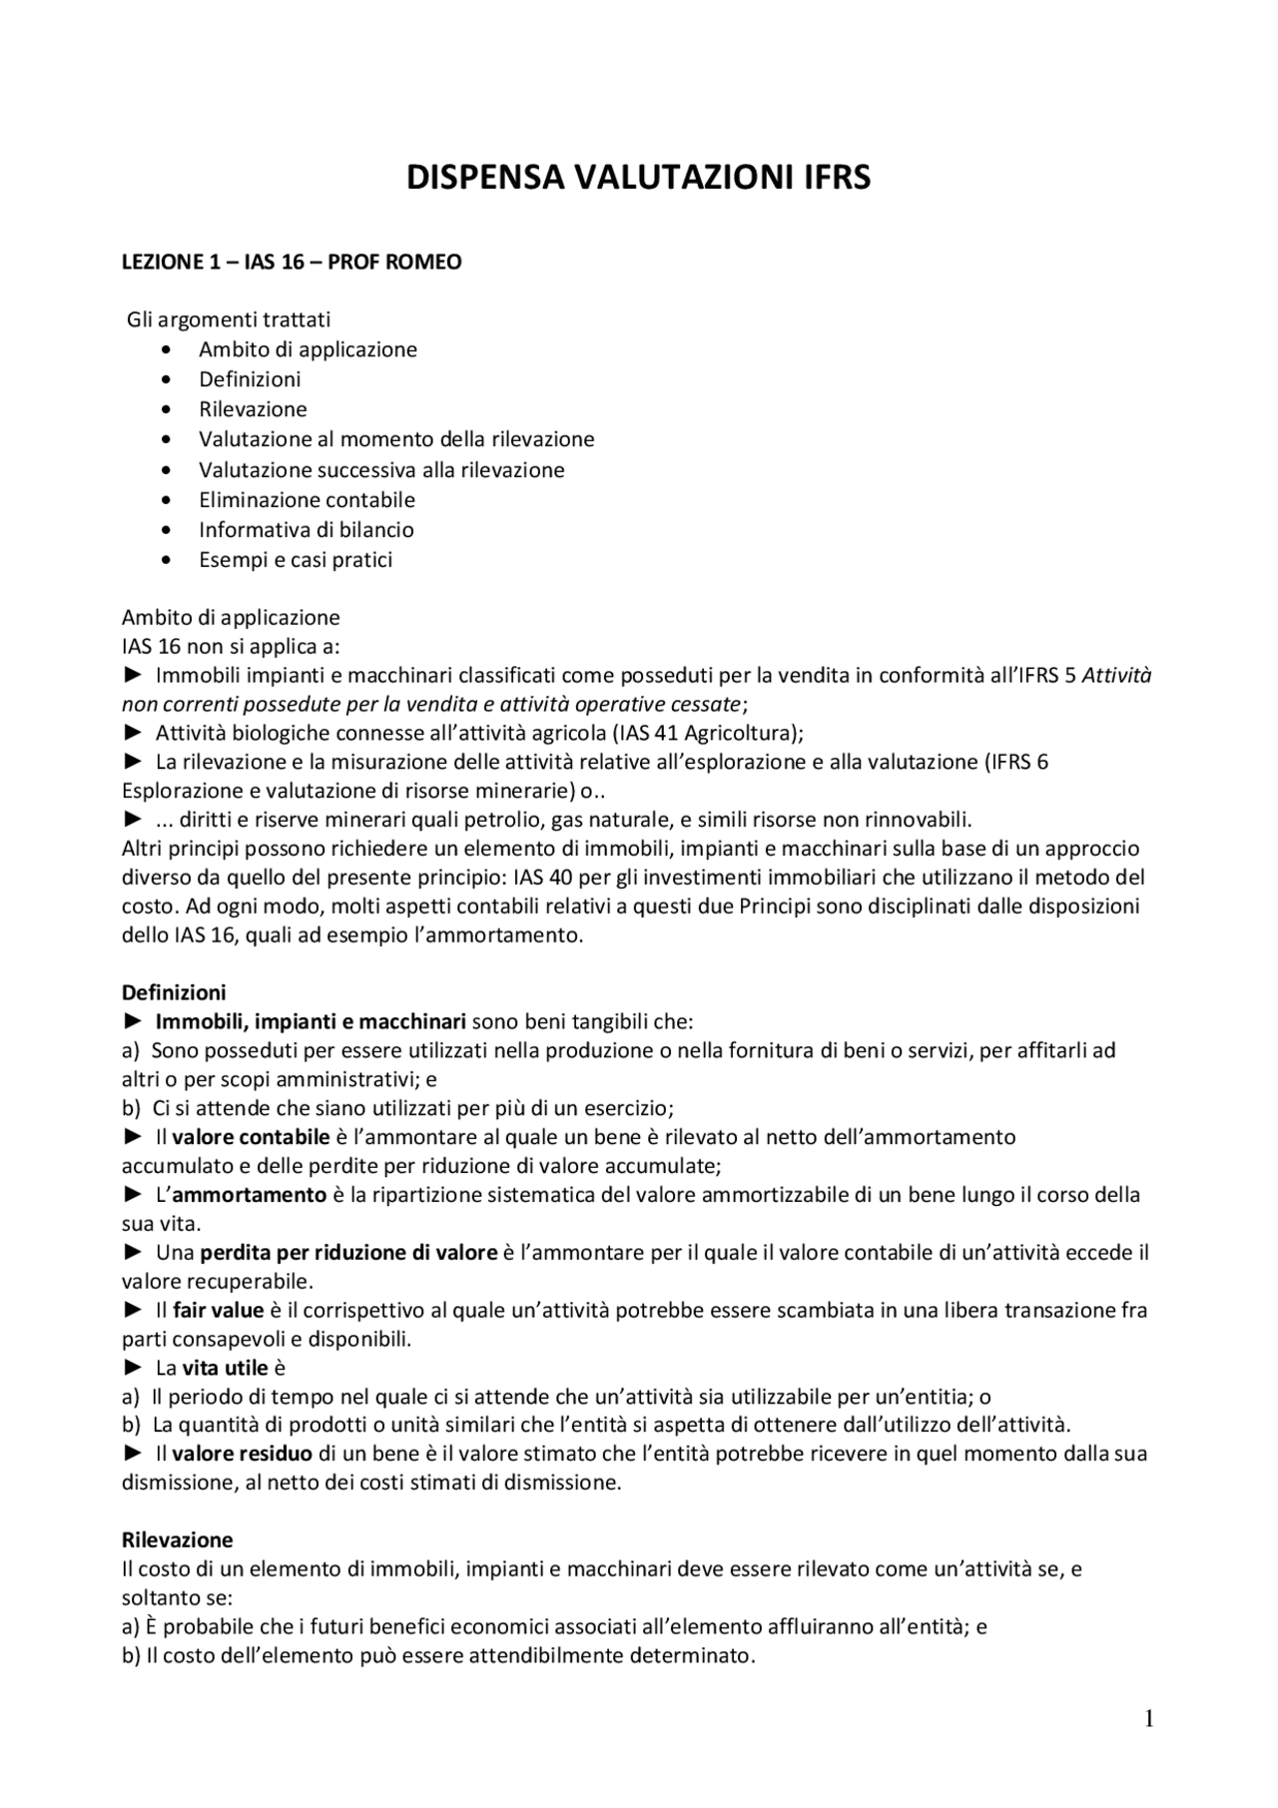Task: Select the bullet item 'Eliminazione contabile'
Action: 307,500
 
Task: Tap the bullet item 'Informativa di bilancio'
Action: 306,530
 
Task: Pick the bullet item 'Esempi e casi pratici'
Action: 296,560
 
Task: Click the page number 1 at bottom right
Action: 1148,1719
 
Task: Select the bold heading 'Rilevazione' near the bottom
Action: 177,1539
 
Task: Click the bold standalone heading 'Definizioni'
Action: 174,992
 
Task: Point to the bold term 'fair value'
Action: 218,1310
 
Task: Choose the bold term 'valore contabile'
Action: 251,1137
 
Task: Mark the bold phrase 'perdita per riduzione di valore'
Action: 348,1252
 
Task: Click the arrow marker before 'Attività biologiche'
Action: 134,733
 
